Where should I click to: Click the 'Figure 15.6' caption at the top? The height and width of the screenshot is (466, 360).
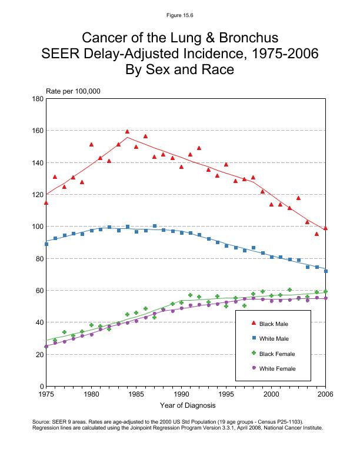(x=179, y=15)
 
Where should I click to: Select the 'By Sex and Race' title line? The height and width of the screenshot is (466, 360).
(x=179, y=70)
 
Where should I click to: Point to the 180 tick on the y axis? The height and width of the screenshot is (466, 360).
(x=36, y=99)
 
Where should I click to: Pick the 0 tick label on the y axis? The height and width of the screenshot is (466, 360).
(x=39, y=387)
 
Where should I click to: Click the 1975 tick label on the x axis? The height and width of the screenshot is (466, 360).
(x=46, y=394)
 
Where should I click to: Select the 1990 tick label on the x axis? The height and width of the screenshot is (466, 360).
(x=181, y=394)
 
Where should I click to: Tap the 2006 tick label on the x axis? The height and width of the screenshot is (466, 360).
(x=325, y=394)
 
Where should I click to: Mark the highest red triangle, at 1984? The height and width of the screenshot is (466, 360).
(x=127, y=132)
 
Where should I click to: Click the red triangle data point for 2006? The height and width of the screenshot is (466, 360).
(x=325, y=228)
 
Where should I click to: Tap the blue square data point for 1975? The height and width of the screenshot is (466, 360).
(x=46, y=244)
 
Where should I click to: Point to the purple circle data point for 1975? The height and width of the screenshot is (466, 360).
(x=46, y=347)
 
